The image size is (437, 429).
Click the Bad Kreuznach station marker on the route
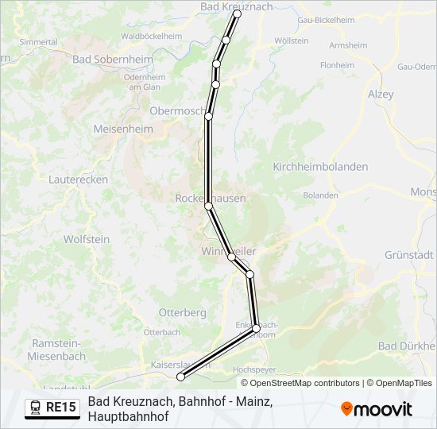pos(237,14)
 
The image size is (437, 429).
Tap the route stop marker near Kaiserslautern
pos(180,377)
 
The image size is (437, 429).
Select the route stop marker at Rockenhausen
pos(209,206)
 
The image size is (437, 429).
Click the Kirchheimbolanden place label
pos(320,167)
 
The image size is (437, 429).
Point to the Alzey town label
pos(381,93)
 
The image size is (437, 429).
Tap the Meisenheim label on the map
pos(122,129)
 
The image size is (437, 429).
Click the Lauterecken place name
pos(78,180)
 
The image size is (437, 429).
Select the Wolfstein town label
pos(87,238)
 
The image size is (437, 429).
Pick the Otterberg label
pos(183,312)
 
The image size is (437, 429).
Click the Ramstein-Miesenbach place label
pos(58,350)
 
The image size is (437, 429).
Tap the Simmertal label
pos(38,41)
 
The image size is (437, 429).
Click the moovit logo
pos(377,409)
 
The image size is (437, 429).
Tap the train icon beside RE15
pos(36,408)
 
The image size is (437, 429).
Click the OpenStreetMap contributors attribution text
pos(305,383)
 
